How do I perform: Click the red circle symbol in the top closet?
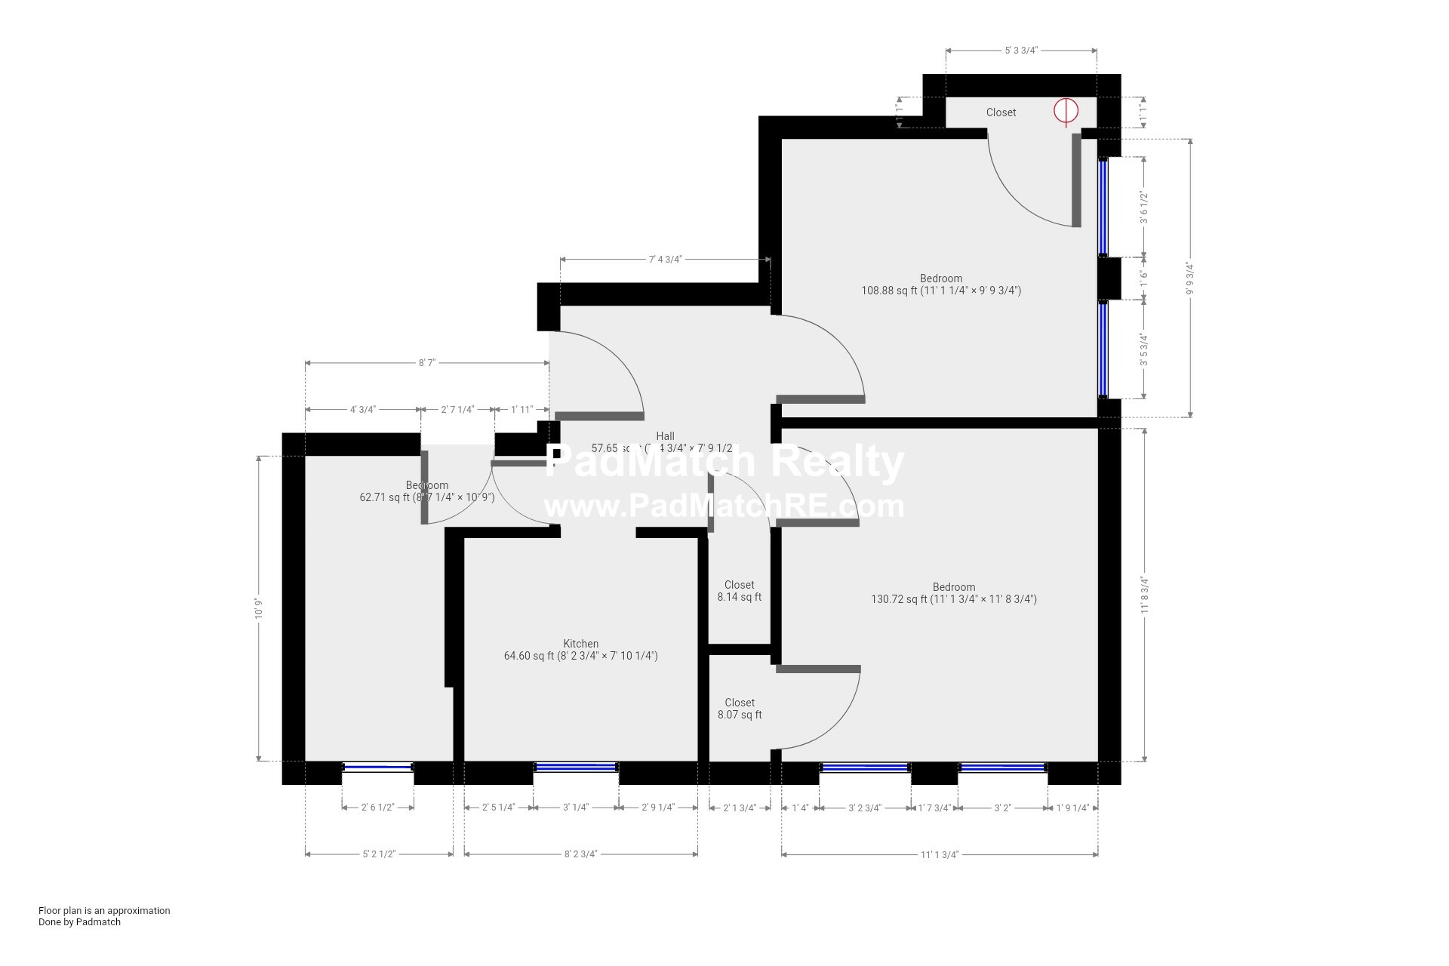1066,111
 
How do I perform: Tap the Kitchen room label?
580,644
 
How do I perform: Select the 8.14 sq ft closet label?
739,597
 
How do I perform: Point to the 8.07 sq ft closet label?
739,715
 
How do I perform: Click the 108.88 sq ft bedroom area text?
940,291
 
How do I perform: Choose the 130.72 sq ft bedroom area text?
953,599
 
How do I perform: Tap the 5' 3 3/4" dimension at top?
1020,51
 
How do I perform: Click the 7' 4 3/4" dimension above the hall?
665,260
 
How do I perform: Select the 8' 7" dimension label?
426,363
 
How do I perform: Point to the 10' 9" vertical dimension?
259,608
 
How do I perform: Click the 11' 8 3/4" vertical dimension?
1145,595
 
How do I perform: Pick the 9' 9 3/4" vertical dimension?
1190,278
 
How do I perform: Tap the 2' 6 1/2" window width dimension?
377,808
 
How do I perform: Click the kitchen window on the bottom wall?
576,768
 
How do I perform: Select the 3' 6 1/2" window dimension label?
1144,208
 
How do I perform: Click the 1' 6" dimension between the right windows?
1144,278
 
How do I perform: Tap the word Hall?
665,436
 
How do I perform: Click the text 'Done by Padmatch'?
79,921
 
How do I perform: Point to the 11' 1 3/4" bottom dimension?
939,854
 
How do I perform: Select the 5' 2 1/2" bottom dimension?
379,854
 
